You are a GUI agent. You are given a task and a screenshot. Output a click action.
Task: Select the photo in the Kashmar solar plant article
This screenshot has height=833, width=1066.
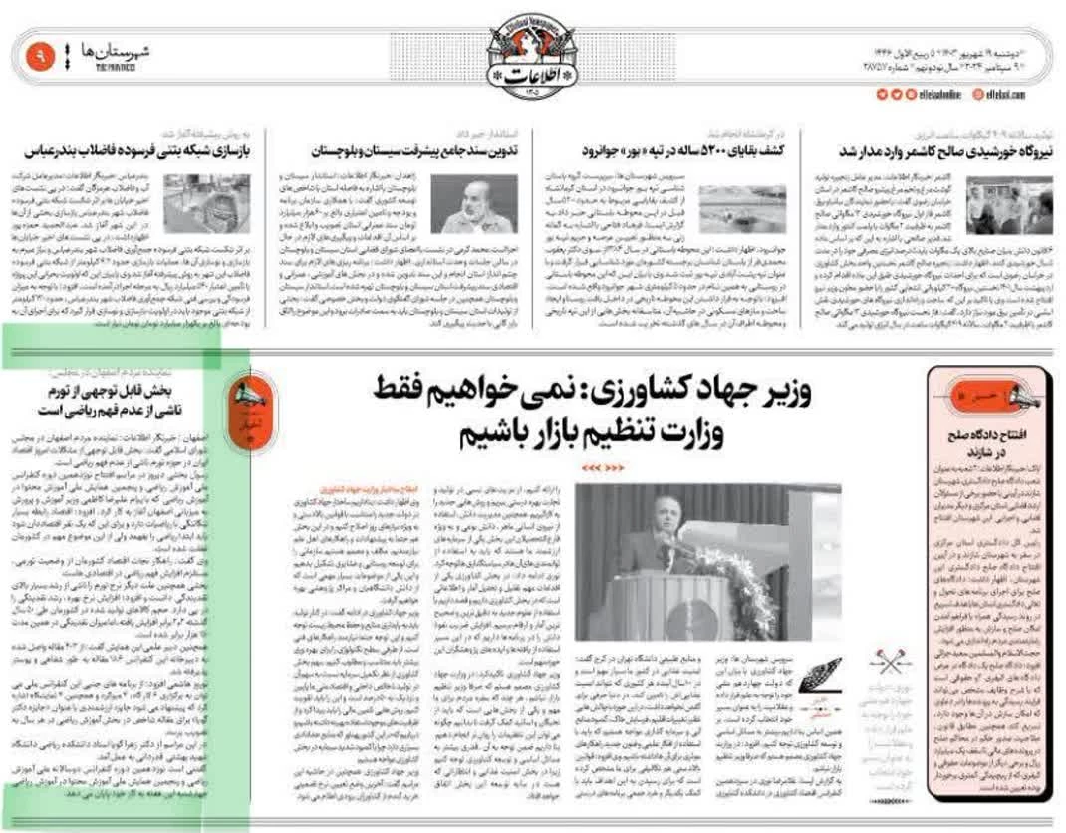point(1009,204)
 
